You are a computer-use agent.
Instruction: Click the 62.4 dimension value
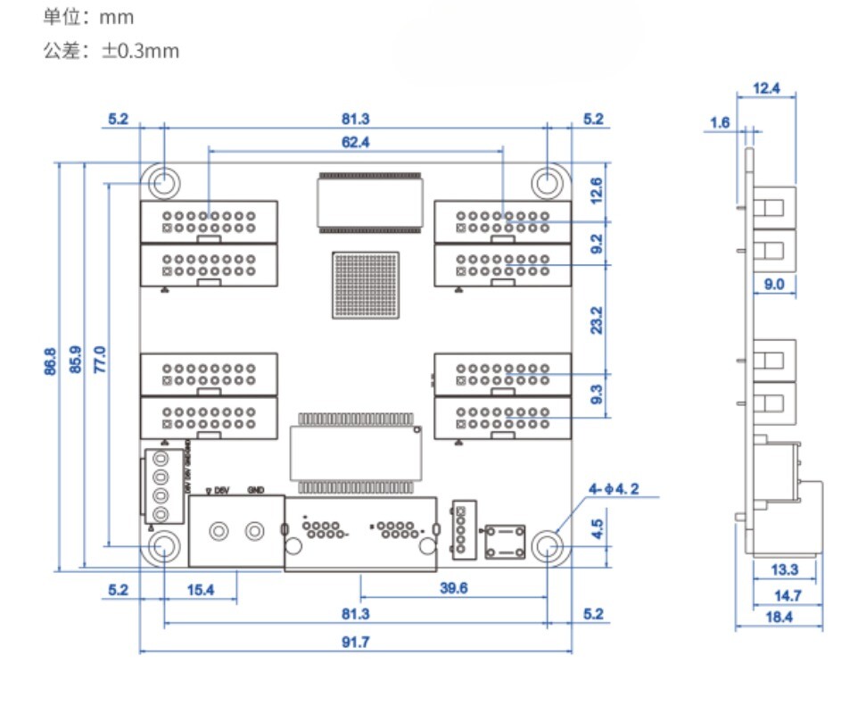pos(355,141)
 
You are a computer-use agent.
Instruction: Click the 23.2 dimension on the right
pos(597,320)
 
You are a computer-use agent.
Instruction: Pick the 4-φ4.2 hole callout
pos(625,490)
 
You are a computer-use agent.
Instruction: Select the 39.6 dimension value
pos(453,588)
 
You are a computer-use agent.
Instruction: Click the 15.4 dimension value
pos(201,589)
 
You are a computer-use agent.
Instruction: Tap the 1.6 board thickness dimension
pos(721,123)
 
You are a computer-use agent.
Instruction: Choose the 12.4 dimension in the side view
pos(766,88)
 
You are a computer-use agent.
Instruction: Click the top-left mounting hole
pos(163,182)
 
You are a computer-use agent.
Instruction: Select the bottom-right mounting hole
pos(547,545)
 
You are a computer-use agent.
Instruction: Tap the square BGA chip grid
pos(361,285)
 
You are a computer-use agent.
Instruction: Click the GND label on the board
pos(255,490)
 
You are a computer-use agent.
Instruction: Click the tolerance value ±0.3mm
pos(140,51)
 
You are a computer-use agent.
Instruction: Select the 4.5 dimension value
pos(597,527)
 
